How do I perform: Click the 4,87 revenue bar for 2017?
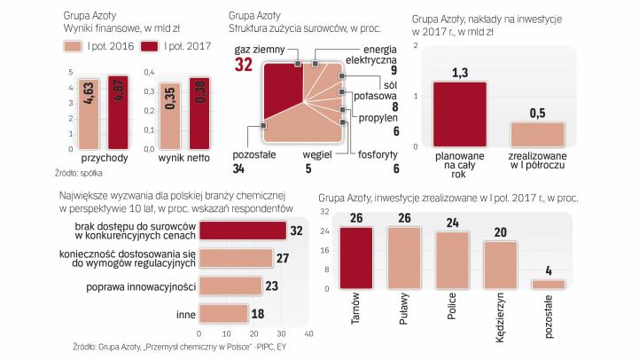tap(116, 110)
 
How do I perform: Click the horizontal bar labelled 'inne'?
tap(222, 313)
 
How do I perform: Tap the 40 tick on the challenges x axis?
tap(309, 334)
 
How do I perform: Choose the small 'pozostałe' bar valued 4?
tap(547, 285)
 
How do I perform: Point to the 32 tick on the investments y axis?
tap(325, 211)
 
